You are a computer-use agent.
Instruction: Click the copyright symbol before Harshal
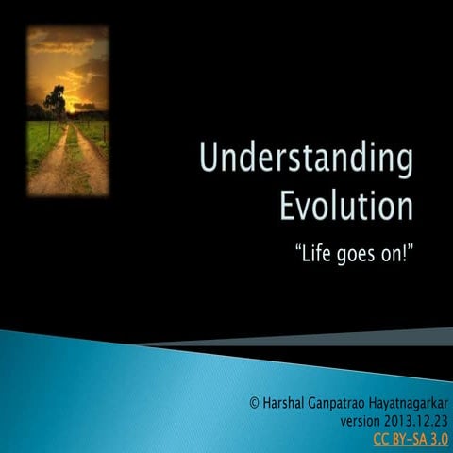[254, 402]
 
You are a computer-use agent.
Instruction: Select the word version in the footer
[361, 420]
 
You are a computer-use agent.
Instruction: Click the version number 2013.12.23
[416, 420]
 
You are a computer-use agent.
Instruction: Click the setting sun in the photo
[71, 107]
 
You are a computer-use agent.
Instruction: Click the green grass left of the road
[38, 142]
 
